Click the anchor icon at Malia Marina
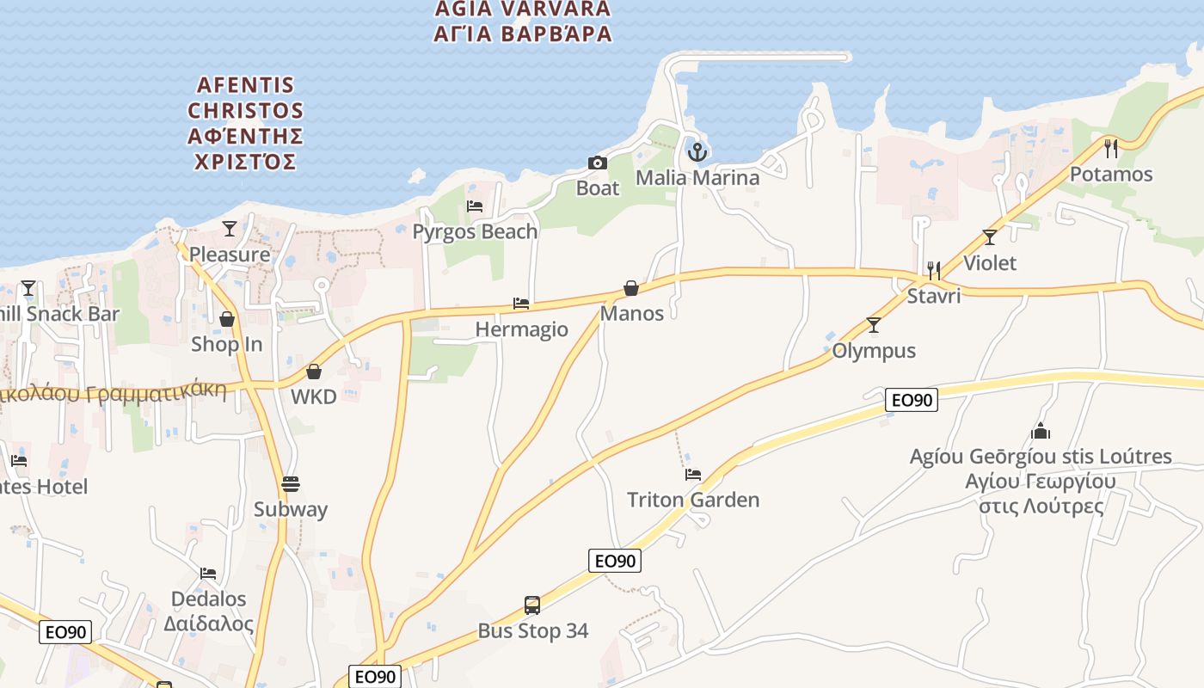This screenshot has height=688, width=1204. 697,152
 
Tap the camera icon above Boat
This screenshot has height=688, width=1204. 597,163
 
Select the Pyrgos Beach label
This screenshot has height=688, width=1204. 475,231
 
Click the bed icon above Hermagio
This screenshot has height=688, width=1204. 521,304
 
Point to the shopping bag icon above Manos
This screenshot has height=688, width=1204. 631,288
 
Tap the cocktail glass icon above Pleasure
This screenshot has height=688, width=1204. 230,229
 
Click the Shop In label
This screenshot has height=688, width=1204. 227,344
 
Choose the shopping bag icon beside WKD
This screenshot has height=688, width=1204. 314,372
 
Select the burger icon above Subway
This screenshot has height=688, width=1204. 291,484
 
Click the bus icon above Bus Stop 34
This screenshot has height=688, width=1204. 532,605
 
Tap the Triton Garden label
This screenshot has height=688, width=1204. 693,500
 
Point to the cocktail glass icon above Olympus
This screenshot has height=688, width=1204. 874,325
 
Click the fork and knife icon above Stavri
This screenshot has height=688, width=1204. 934,271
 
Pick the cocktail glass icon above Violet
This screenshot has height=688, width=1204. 990,237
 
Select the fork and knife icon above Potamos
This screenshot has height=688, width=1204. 1111,149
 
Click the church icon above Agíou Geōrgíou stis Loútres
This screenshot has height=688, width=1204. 1041,431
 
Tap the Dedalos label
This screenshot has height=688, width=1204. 209,599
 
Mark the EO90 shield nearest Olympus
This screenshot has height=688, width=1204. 912,400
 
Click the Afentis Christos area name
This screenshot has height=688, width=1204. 246,123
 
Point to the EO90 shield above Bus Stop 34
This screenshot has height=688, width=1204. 615,561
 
